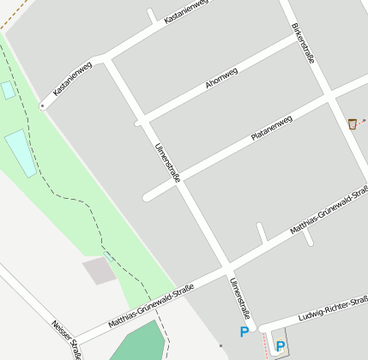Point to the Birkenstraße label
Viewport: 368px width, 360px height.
tap(304, 42)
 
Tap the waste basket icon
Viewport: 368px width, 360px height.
tap(353, 124)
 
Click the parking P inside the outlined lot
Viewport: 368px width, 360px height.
tap(280, 345)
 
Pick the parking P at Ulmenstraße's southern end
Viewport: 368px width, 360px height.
tap(244, 331)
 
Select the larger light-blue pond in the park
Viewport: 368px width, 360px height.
tap(21, 153)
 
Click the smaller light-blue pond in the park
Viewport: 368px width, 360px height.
tap(8, 90)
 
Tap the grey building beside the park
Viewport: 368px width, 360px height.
tap(99, 271)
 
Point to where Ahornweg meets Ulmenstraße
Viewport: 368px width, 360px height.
tap(142, 122)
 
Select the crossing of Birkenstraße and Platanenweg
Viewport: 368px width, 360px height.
tap(329, 97)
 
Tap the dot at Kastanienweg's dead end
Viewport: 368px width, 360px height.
tap(42, 106)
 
